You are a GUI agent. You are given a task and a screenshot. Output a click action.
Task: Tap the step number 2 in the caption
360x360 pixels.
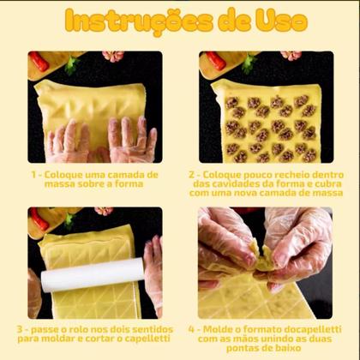194,174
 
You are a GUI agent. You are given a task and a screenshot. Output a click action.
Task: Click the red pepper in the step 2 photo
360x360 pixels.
215,61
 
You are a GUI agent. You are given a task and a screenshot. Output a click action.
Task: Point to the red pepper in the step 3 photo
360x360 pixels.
39,220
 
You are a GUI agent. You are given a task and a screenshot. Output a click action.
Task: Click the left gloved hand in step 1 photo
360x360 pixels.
67,141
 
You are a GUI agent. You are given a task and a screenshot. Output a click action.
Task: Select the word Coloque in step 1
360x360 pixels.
63,174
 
